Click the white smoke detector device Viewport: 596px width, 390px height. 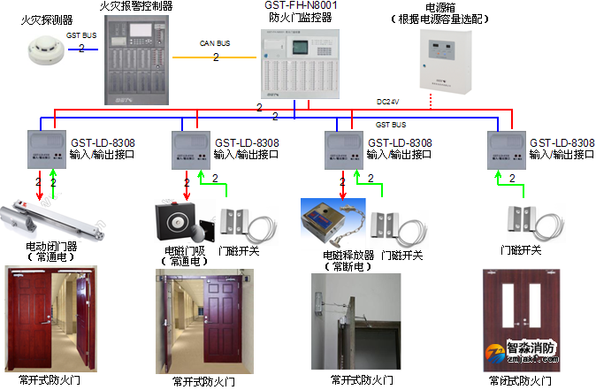[x=41, y=55]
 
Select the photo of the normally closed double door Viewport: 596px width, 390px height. [x=512, y=318]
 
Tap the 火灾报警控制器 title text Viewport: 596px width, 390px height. [x=136, y=6]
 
